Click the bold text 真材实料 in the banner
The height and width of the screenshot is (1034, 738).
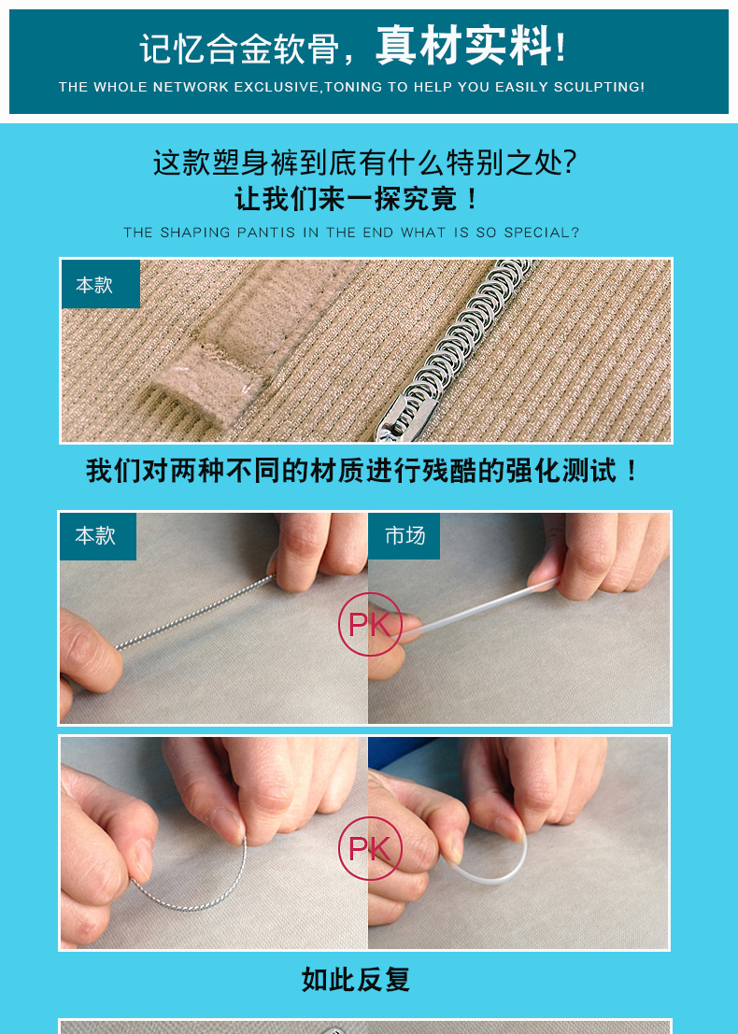[464, 46]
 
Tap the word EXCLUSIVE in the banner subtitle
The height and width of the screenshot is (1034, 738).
[277, 87]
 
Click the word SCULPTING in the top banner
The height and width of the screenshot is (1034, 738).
[596, 87]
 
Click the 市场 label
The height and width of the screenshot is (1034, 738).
[404, 535]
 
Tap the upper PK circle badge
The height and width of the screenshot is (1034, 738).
[370, 625]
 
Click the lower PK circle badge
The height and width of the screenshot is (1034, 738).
[370, 849]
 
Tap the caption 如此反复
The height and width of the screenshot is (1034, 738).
[356, 980]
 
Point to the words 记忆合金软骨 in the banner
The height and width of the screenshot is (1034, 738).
[240, 50]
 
